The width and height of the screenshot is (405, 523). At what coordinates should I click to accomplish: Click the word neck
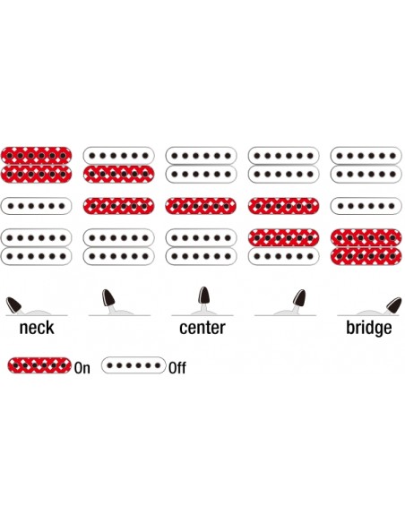coord(37,328)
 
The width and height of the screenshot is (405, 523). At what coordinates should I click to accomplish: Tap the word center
coord(202,328)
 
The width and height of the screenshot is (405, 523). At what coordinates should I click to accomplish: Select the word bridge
coord(369,328)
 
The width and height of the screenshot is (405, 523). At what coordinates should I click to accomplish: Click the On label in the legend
coord(82,368)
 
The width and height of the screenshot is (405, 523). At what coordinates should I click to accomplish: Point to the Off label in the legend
coord(177,368)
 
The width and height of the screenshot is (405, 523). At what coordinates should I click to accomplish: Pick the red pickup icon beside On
coord(39,365)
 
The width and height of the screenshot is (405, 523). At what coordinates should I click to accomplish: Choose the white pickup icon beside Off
coord(134,365)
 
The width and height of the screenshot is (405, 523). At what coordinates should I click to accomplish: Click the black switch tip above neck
coord(13,305)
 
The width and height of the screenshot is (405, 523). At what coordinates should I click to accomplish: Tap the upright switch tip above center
coord(202,295)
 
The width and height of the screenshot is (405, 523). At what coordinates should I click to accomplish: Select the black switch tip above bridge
coord(393,305)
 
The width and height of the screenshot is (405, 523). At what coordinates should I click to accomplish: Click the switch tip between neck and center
coord(108,297)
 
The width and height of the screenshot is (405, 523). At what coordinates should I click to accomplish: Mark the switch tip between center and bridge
coord(299,298)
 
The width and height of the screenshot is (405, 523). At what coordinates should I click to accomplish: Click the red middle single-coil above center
coord(201,206)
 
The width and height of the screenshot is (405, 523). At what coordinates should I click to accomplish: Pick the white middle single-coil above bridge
coord(366,206)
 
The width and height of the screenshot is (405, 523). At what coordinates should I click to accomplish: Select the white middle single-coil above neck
coord(36,206)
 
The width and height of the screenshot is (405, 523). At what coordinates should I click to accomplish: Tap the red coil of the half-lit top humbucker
coord(118,174)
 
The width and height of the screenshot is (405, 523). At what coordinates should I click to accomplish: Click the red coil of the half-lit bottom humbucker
coord(283,237)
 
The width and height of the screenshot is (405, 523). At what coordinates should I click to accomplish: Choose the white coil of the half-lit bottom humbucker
coord(283,256)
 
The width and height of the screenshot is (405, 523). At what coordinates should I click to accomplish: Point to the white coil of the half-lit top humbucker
coord(118,156)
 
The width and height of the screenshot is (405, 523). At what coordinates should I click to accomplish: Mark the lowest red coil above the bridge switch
coord(366,256)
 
